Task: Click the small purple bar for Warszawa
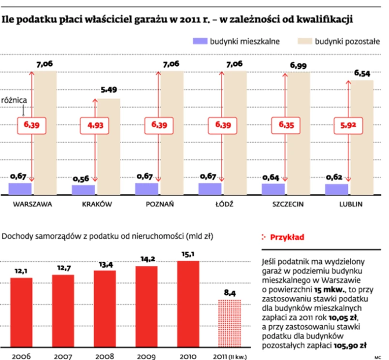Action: [20, 188]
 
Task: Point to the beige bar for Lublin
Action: [361, 138]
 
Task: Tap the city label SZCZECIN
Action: [287, 204]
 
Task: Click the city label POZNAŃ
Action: [159, 204]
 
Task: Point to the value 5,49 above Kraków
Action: [109, 90]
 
